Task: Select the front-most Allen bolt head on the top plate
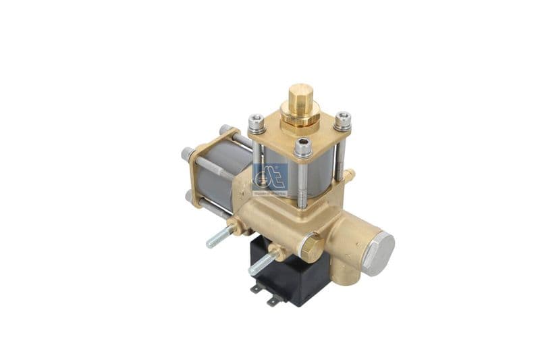[x=303, y=147]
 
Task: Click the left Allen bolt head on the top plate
[x=256, y=122]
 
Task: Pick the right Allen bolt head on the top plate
[x=343, y=120]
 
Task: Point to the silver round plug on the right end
[x=378, y=253]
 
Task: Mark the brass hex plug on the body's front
[x=310, y=247]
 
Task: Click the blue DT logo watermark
[x=270, y=178]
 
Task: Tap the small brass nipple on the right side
[x=349, y=176]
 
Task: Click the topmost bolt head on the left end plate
[x=225, y=129]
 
